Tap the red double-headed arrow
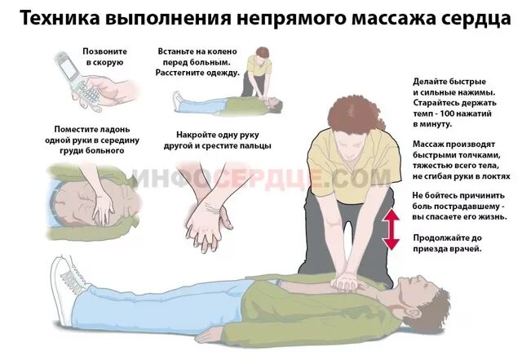point(391,229)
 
